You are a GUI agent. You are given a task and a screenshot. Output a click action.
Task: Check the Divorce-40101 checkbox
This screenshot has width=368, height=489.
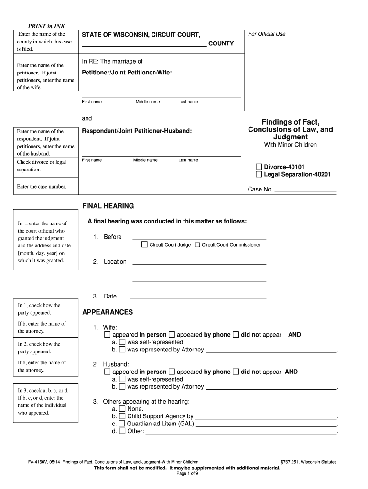259,167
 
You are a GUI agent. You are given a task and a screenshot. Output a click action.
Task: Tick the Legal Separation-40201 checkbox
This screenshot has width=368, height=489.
259,174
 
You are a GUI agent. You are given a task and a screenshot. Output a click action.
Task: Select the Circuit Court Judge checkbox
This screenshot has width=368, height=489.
144,245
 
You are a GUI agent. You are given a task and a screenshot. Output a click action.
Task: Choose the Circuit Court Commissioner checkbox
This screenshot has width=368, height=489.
197,245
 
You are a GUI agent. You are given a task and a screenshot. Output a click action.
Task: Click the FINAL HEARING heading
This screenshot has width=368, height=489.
108,206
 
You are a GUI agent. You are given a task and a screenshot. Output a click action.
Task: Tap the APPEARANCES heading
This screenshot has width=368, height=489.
108,312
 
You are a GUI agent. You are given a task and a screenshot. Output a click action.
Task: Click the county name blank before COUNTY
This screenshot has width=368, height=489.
144,45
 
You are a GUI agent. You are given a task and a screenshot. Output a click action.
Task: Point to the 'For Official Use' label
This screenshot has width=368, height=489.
267,34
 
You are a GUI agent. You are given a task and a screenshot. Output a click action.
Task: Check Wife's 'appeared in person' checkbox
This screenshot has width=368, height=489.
107,335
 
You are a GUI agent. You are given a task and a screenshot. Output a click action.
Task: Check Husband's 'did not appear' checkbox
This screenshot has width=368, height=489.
236,372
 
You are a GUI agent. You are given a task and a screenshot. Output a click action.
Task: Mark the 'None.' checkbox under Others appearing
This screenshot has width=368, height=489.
122,409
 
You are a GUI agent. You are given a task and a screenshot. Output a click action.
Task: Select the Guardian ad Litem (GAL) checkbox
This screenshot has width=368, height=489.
122,424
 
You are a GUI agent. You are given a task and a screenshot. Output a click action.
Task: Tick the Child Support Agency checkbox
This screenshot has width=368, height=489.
122,416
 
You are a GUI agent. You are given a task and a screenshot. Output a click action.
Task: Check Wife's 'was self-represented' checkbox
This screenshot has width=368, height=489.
122,342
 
